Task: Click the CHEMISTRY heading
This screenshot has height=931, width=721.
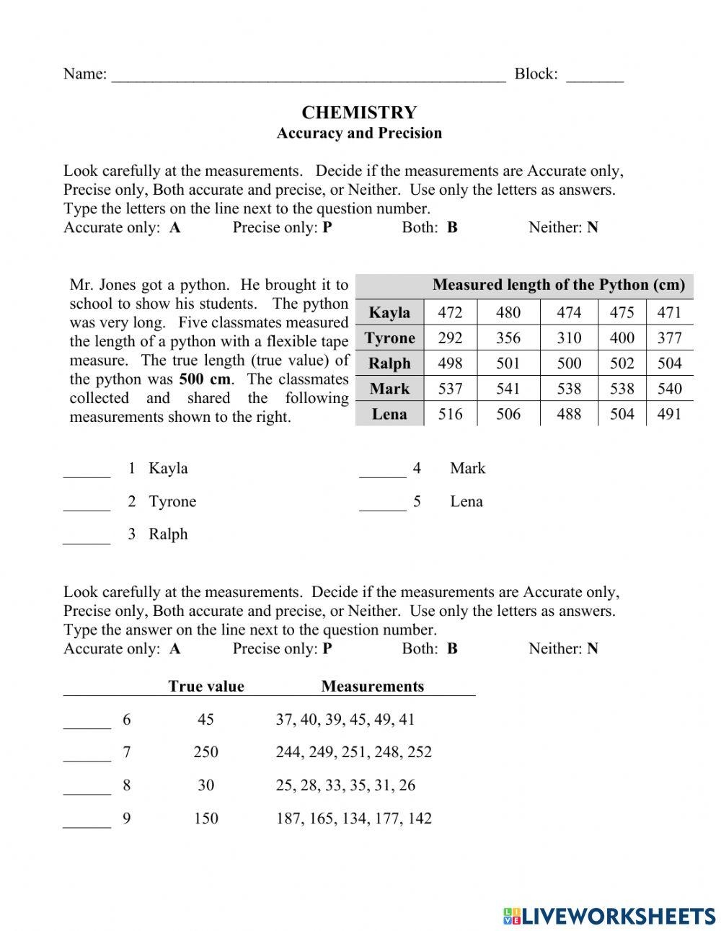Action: pos(359,112)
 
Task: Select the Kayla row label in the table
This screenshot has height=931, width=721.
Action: pos(389,312)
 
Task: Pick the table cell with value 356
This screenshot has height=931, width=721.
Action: pos(508,337)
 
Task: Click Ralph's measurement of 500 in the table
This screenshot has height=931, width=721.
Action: pos(569,363)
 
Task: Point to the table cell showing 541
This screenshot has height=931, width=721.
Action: pos(508,389)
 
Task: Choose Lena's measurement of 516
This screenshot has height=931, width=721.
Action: pos(450,414)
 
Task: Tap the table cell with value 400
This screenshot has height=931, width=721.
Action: pos(622,337)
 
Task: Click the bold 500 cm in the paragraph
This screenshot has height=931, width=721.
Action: pos(205,379)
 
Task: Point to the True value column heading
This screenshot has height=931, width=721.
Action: pos(206,687)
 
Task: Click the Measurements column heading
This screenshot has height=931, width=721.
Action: pos(372,687)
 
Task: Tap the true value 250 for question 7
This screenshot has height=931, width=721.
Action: pos(205,752)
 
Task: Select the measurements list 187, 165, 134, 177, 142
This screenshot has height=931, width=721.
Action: pos(353,819)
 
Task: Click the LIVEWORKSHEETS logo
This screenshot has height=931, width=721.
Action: pos(609,916)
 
